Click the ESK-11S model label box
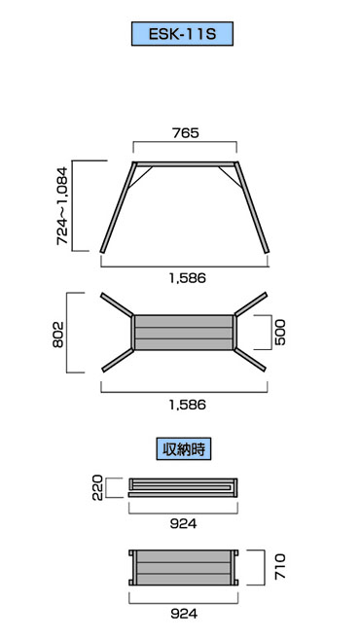pyautogui.click(x=183, y=36)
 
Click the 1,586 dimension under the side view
pyautogui.click(x=184, y=277)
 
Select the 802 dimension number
pyautogui.click(x=57, y=333)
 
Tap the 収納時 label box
pyautogui.click(x=183, y=449)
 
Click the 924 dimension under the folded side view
pyautogui.click(x=183, y=523)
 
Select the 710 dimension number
pyautogui.click(x=280, y=566)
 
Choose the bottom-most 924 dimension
pyautogui.click(x=183, y=613)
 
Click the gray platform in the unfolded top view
pyautogui.click(x=183, y=332)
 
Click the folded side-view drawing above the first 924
pyautogui.click(x=183, y=486)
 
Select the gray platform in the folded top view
pyautogui.click(x=183, y=566)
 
